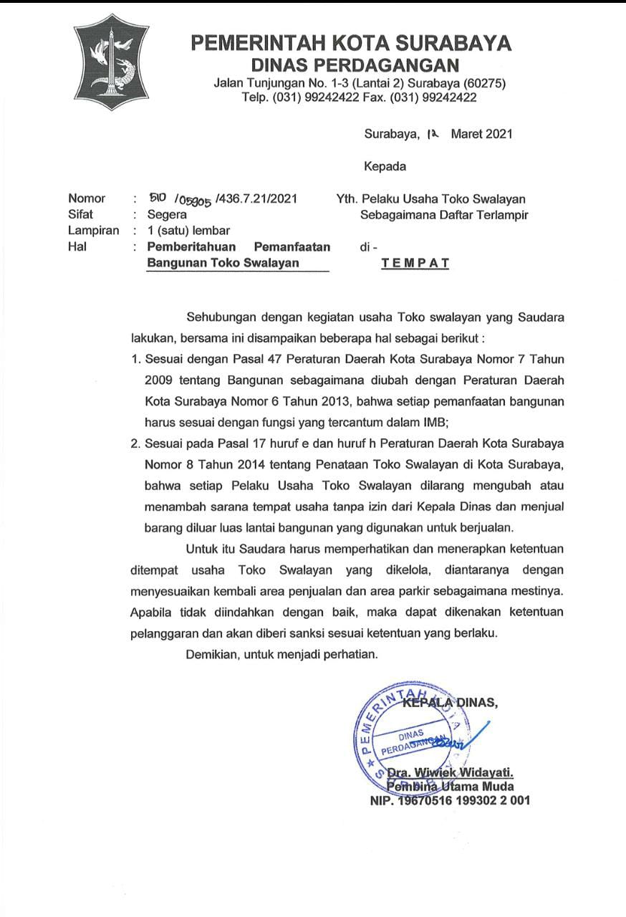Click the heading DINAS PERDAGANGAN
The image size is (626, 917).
tap(351, 66)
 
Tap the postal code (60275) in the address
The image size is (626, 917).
tap(484, 84)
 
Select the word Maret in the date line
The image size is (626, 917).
tap(466, 134)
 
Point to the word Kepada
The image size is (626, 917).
tap(385, 167)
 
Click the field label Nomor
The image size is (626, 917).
tap(87, 198)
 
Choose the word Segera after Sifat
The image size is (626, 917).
tap(167, 214)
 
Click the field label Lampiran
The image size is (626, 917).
tap(93, 231)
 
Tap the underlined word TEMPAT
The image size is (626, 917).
tap(415, 263)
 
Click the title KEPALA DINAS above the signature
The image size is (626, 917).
tap(450, 703)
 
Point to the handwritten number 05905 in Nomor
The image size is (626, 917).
tap(193, 201)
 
